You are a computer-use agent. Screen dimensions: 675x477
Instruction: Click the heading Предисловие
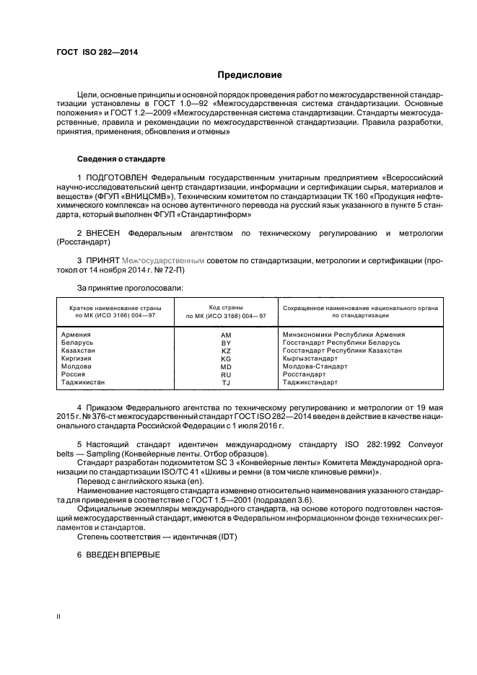[x=250, y=75]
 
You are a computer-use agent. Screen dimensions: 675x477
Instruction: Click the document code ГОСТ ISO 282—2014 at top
[x=97, y=53]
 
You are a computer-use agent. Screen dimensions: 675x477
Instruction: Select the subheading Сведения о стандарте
[x=121, y=158]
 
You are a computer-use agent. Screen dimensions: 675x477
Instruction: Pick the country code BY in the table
[x=226, y=344]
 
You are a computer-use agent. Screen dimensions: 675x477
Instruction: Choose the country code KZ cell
[x=226, y=351]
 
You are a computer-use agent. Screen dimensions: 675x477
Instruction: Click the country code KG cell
[x=226, y=359]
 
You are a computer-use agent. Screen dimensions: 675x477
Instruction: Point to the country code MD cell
[x=226, y=367]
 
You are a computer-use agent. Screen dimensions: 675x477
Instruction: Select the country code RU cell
[x=226, y=375]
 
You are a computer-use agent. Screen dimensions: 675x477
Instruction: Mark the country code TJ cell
[x=226, y=383]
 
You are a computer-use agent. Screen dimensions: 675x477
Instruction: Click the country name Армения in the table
[x=76, y=335]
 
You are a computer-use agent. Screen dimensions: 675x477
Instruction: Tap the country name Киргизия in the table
[x=79, y=358]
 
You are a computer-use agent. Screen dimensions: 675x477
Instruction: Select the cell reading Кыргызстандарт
[x=310, y=358]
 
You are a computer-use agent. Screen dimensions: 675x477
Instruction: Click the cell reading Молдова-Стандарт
[x=315, y=366]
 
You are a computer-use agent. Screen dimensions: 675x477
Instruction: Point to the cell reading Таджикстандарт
[x=311, y=382]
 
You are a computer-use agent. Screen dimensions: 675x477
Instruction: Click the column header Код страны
[x=226, y=307]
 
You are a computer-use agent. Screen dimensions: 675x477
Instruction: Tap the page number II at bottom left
[x=59, y=617]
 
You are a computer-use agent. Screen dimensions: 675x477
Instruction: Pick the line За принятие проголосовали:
[x=120, y=288]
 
